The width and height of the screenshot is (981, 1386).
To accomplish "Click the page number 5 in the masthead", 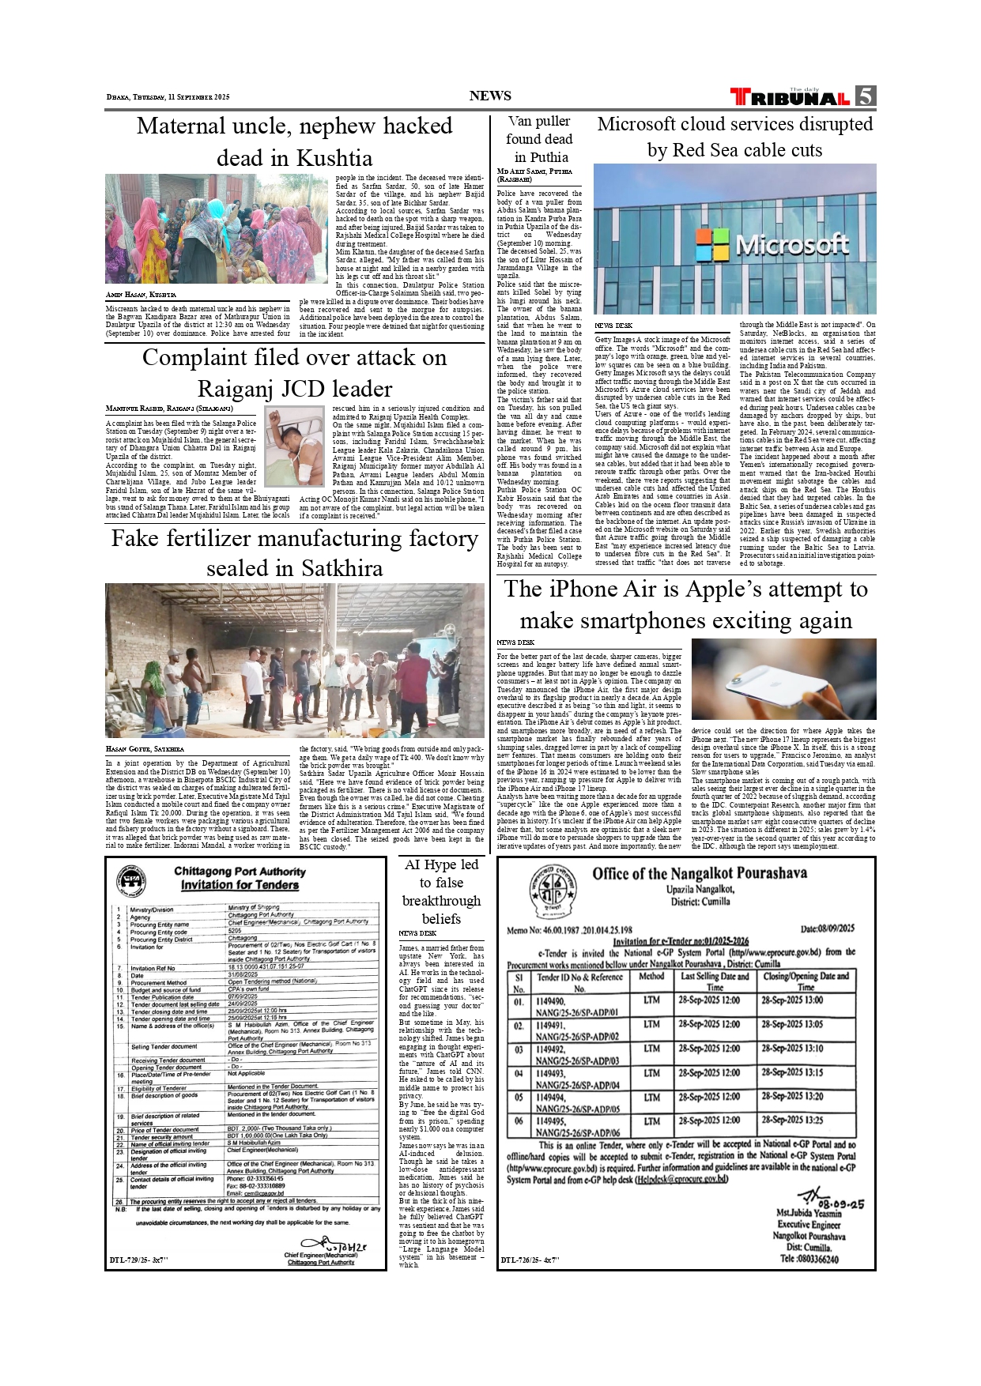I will pos(865,96).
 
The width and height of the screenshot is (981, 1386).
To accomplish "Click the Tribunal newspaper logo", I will pos(790,97).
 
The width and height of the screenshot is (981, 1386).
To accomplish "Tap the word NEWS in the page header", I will pos(490,96).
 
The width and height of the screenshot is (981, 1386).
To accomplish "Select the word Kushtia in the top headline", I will pos(334,158).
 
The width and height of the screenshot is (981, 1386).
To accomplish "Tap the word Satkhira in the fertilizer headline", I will pos(337,568).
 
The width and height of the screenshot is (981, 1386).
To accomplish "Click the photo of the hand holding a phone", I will pos(783,679).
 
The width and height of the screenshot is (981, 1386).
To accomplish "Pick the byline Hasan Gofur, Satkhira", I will pos(145,748).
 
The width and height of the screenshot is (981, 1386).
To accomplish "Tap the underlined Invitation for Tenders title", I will pos(240,885).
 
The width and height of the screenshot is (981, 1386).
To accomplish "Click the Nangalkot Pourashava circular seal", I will pos(552,891).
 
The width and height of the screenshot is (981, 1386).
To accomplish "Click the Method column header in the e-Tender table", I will pos(651,976).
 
